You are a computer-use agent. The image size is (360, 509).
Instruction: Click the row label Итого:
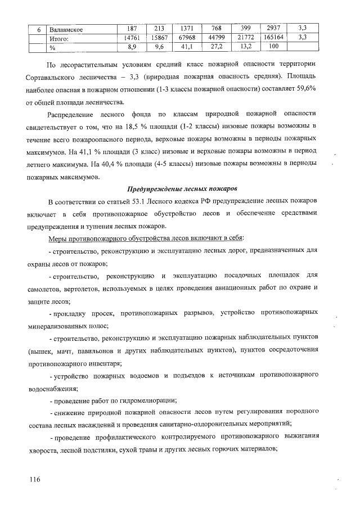(59, 38)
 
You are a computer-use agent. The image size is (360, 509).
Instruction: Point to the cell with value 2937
(272, 28)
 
